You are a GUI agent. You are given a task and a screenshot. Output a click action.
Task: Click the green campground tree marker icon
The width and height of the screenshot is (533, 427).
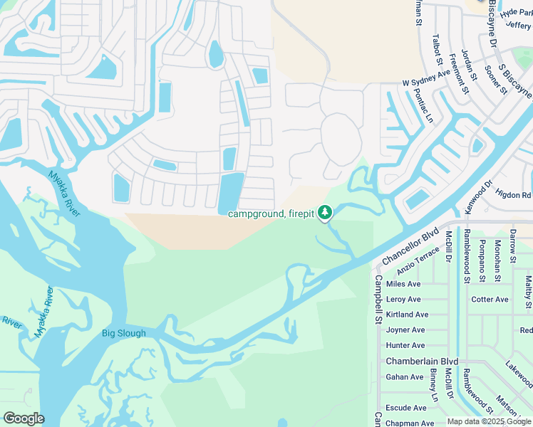(325, 212)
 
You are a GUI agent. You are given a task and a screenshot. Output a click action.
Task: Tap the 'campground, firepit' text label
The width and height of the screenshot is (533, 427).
(271, 213)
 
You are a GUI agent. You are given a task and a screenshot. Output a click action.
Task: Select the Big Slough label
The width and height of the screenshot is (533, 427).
(123, 333)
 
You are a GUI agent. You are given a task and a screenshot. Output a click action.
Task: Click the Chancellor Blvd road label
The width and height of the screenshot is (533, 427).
(411, 246)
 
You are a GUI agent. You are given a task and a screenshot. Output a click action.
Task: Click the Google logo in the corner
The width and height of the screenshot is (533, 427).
(24, 418)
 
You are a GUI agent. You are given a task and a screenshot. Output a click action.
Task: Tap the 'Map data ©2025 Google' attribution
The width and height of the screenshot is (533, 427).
(489, 421)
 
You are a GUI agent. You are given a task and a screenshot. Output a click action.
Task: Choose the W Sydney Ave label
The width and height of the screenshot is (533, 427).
(426, 83)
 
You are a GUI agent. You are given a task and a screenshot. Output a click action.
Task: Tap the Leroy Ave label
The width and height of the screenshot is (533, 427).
(403, 300)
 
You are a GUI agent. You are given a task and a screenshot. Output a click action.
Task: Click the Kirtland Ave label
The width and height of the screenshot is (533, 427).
(407, 315)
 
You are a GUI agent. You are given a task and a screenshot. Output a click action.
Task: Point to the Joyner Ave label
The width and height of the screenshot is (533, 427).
(405, 330)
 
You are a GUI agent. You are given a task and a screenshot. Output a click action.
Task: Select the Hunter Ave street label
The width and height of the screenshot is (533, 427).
(405, 345)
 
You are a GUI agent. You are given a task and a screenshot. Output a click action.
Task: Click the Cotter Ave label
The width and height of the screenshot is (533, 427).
(490, 300)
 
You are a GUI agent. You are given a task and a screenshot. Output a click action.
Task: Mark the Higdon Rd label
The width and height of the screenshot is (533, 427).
(513, 194)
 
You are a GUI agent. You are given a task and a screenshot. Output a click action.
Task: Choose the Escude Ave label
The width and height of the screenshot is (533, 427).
(405, 408)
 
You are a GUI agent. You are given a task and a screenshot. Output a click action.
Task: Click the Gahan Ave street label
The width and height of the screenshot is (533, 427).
(404, 377)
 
